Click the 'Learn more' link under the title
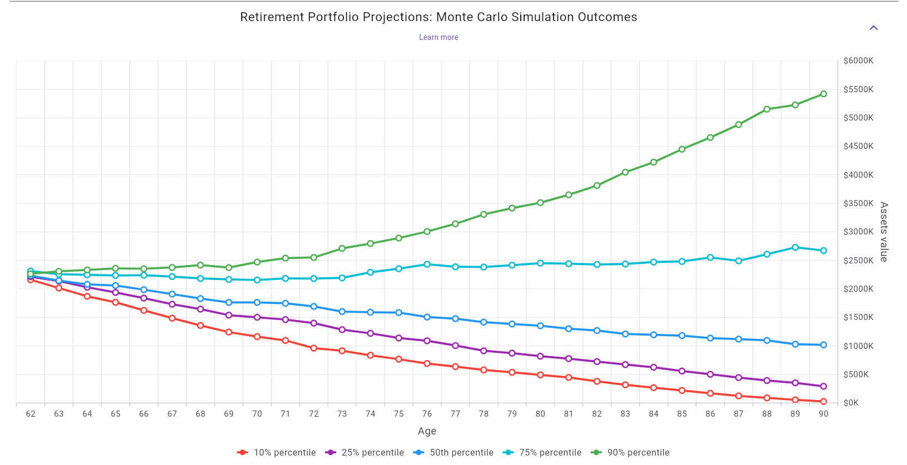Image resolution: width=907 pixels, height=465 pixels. point(438,37)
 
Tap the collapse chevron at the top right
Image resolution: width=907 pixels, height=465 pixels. point(873,28)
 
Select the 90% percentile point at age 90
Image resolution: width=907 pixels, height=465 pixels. point(823,94)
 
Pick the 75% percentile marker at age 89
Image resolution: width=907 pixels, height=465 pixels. point(795,247)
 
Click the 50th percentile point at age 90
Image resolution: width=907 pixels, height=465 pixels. point(823,345)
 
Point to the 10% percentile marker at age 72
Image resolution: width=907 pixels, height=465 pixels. point(313,348)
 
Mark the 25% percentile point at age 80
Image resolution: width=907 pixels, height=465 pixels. point(540,356)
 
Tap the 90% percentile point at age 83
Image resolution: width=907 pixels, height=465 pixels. point(625,172)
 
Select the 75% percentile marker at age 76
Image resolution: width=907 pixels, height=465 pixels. point(427,264)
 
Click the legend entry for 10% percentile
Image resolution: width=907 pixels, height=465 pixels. point(276,452)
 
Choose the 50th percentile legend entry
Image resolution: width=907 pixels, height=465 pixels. point(453,452)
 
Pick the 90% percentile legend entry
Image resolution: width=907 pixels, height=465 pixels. point(630,452)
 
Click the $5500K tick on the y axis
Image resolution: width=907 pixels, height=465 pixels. point(858,89)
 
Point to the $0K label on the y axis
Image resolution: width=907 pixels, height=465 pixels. point(851,403)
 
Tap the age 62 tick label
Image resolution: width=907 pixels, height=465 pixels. point(31,414)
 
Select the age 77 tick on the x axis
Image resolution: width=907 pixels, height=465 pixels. point(455,414)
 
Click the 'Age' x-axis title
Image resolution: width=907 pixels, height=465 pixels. point(427,431)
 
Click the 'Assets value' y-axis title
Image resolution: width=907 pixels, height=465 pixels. point(884,232)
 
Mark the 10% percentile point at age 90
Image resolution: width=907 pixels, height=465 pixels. point(823,401)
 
